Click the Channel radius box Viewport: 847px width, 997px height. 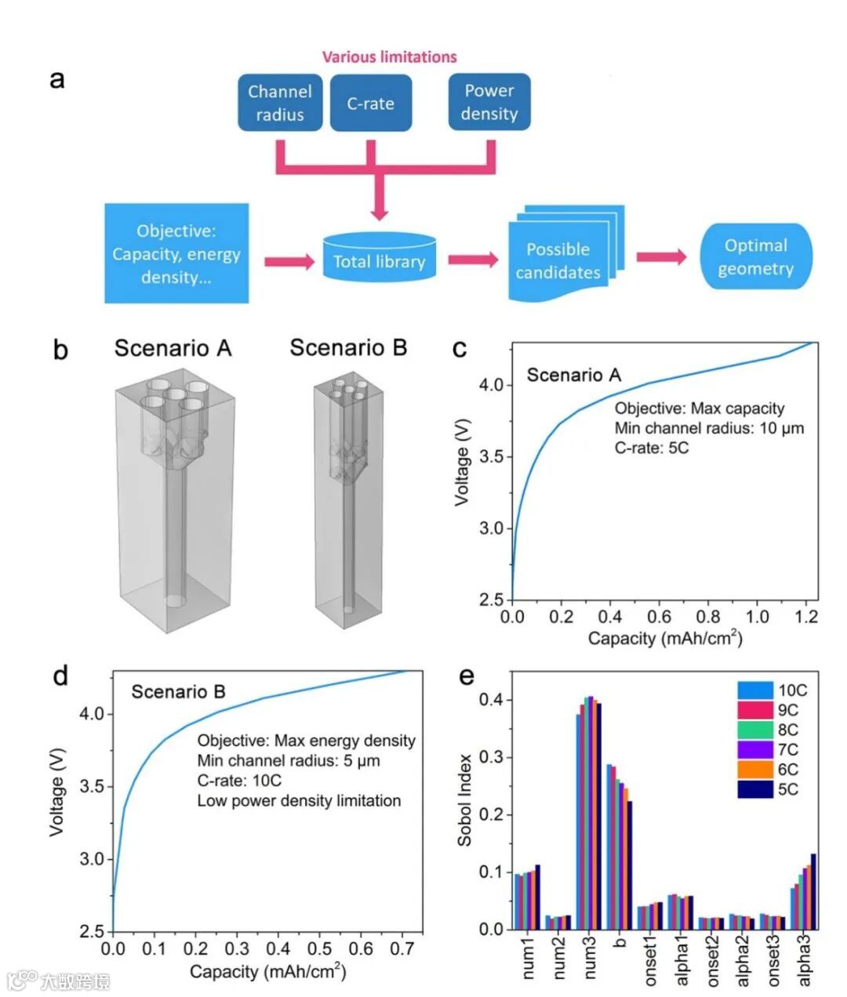click(280, 103)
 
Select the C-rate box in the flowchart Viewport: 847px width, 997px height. click(370, 103)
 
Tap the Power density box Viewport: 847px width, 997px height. click(489, 102)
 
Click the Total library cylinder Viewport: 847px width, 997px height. click(379, 257)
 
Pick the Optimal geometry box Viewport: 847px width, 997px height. click(755, 256)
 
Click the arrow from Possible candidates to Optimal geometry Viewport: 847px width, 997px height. click(661, 257)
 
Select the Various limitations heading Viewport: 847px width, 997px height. click(389, 56)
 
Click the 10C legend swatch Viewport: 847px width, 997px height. click(754, 691)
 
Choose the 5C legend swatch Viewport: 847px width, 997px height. click(754, 789)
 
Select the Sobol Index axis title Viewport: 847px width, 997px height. click(465, 799)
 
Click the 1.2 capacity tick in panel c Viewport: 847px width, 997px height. click(806, 617)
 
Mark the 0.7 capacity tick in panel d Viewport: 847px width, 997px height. click(402, 949)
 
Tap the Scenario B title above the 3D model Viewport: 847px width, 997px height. click(348, 347)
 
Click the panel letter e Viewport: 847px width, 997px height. click(467, 675)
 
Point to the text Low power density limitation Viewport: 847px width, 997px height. click(299, 801)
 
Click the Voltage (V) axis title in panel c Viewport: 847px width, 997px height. click(463, 462)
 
